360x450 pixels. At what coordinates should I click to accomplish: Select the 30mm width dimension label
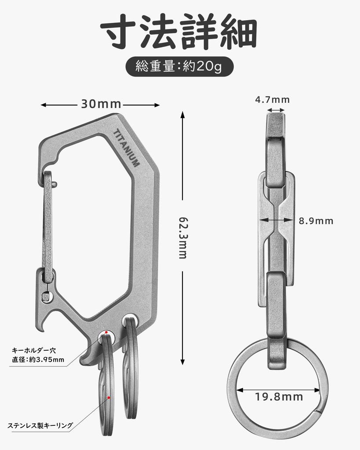point(101,105)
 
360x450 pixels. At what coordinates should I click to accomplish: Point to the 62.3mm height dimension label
point(182,237)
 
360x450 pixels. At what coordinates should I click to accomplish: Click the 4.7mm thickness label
point(273,100)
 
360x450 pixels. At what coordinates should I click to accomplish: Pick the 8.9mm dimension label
point(316,221)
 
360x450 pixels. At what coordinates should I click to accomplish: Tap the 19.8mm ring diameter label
point(279,397)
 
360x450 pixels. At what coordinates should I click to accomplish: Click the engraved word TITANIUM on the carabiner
point(126,148)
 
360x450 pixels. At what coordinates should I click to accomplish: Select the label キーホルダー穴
point(34,351)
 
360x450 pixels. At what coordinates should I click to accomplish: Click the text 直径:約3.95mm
point(38,360)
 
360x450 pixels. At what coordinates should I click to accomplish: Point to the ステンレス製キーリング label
point(40,425)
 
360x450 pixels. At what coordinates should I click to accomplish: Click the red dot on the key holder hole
point(106,332)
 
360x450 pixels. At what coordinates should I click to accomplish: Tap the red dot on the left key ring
point(109,398)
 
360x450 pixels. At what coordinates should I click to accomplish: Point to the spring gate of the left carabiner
point(47,220)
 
